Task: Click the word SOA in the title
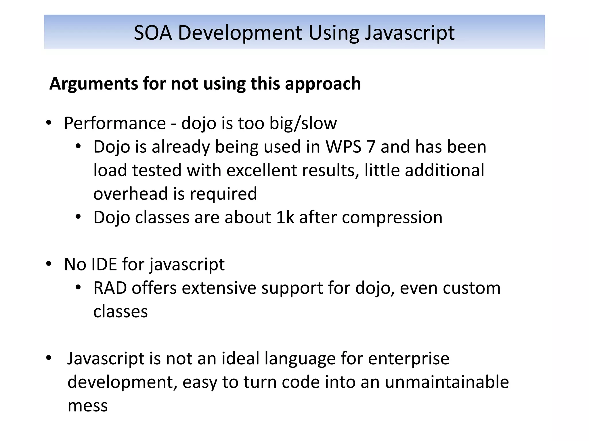153,33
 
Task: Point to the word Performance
115,123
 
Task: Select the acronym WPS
343,147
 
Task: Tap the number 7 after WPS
371,147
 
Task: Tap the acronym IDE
104,264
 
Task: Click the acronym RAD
110,288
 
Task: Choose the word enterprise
409,359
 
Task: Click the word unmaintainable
447,382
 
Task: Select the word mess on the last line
88,406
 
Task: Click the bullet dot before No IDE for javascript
49,264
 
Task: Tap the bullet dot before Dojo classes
78,217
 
